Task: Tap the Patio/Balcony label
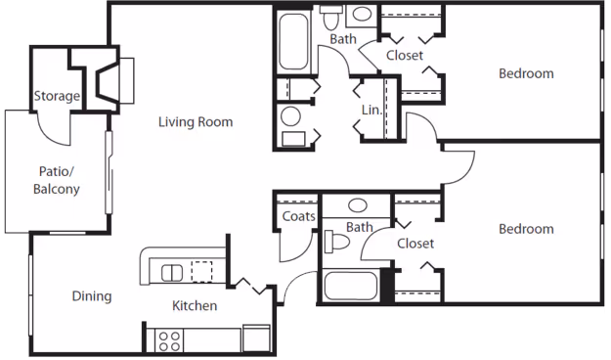57,180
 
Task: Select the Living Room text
196,122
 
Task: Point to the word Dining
91,296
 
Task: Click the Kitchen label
195,306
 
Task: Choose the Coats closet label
297,216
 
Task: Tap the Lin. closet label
371,110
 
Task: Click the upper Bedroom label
526,73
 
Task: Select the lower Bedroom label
526,229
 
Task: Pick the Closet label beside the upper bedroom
404,56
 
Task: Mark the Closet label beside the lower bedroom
415,243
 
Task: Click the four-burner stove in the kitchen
169,339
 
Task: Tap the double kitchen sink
172,271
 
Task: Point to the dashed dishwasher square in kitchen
201,271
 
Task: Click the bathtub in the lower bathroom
350,286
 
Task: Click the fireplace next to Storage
109,78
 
